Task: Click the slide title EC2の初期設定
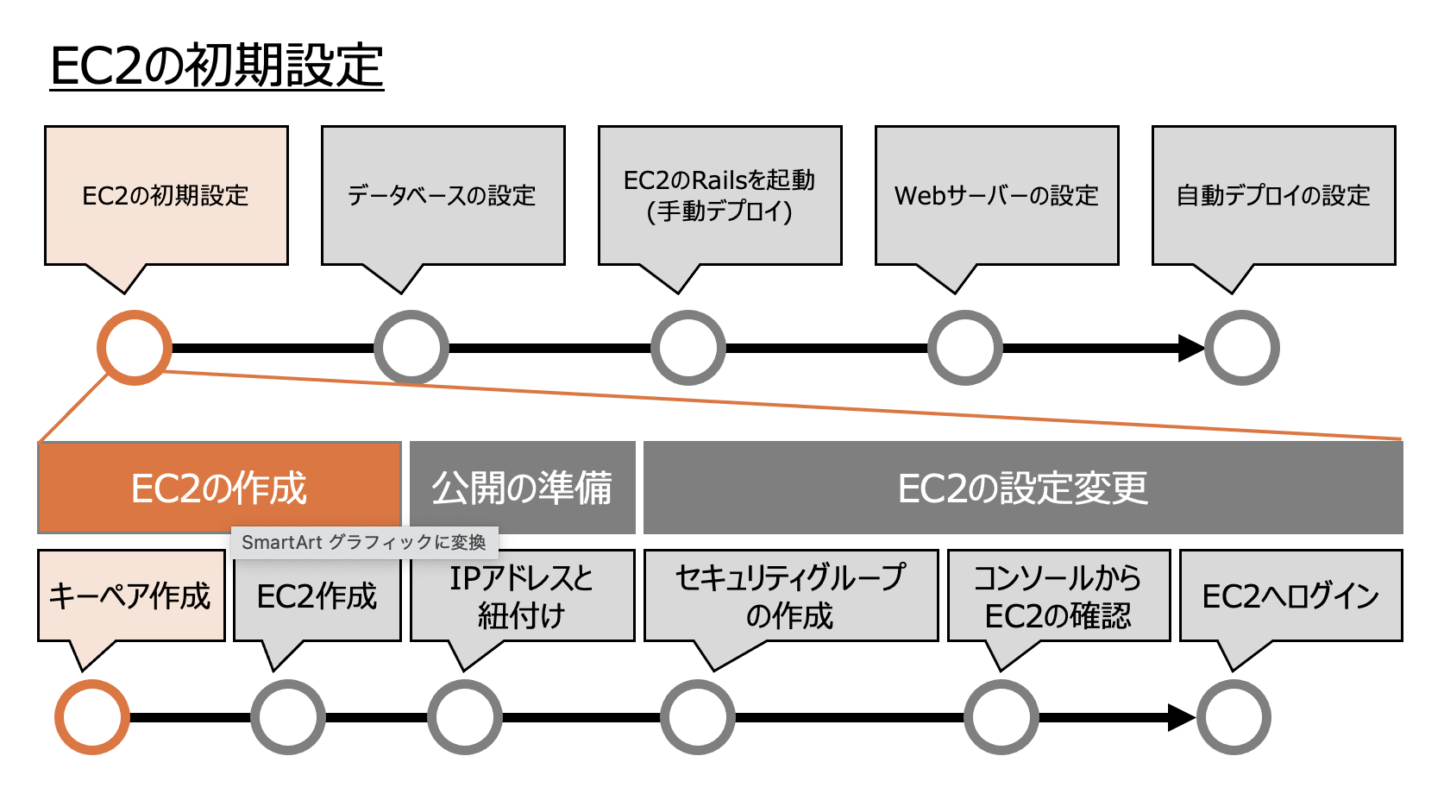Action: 217,66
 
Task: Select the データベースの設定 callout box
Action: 443,196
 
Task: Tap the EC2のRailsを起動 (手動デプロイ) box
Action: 719,196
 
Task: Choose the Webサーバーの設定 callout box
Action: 996,196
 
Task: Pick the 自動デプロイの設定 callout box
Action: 1273,196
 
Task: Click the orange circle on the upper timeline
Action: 134,348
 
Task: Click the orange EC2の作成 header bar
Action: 219,488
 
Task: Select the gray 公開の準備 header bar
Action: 522,488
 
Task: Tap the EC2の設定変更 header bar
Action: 1022,488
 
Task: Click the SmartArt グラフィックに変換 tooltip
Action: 364,542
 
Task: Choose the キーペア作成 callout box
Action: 130,596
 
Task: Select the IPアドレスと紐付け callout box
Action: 522,596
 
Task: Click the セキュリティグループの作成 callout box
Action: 790,596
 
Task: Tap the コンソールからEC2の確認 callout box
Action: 1058,596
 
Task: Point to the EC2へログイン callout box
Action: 1290,596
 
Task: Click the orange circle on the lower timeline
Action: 91,717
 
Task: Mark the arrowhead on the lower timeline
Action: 1181,717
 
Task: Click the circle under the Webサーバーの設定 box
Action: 964,348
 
